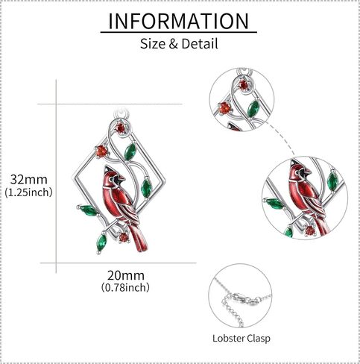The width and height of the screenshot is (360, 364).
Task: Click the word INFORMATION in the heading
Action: (179, 21)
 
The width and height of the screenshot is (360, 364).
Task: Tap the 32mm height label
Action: (29, 179)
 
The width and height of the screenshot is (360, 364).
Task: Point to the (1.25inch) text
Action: (28, 192)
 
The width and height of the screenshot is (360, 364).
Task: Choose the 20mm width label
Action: (126, 275)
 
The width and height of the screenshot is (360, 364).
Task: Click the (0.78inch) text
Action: (125, 287)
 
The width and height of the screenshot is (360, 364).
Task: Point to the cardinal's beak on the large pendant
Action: (121, 178)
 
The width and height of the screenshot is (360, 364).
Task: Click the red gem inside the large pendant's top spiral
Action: (121, 128)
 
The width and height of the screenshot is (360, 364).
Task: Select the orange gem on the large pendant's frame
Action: (101, 151)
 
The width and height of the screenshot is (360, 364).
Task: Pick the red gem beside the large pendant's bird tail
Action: (124, 238)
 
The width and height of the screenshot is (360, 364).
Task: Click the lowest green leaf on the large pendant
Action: (101, 242)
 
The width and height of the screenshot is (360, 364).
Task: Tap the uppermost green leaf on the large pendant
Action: (130, 151)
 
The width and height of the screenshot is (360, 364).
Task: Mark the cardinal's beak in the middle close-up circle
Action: (307, 172)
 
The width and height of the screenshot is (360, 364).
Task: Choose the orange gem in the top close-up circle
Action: (225, 108)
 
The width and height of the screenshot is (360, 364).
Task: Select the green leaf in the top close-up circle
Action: (253, 109)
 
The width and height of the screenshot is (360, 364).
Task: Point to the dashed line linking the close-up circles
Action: (282, 136)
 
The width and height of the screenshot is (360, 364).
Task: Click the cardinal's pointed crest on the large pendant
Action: (107, 169)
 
